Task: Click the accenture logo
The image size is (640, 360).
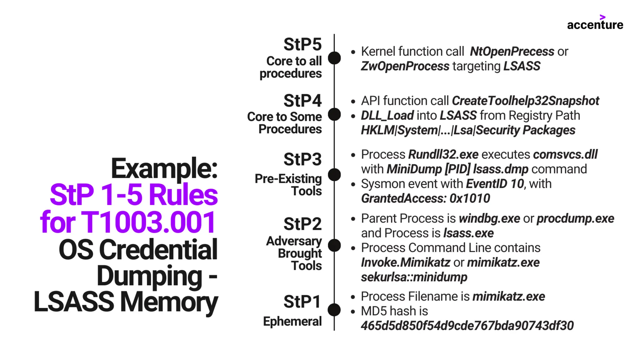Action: (x=595, y=23)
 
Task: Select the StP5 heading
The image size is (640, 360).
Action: (x=302, y=44)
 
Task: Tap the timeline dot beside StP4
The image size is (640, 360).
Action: (x=334, y=114)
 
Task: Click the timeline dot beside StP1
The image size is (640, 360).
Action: (x=334, y=310)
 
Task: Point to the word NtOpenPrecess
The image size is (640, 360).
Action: (x=512, y=52)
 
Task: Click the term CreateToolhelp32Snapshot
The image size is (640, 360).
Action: (x=525, y=101)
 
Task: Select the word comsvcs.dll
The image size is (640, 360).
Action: (x=565, y=154)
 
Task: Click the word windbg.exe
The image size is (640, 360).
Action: (x=489, y=218)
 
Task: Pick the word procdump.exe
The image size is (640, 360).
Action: (x=575, y=218)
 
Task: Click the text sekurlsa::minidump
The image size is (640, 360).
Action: (x=414, y=277)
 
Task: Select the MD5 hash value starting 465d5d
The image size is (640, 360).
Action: (x=467, y=326)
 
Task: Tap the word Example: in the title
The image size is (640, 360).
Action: (x=164, y=169)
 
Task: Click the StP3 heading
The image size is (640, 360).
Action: (x=302, y=159)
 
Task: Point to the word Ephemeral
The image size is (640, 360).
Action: (x=292, y=322)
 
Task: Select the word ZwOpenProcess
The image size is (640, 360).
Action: (x=405, y=66)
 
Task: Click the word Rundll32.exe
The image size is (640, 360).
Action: (x=443, y=154)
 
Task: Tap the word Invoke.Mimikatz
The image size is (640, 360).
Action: (x=405, y=262)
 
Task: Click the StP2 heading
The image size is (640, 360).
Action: (x=302, y=224)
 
